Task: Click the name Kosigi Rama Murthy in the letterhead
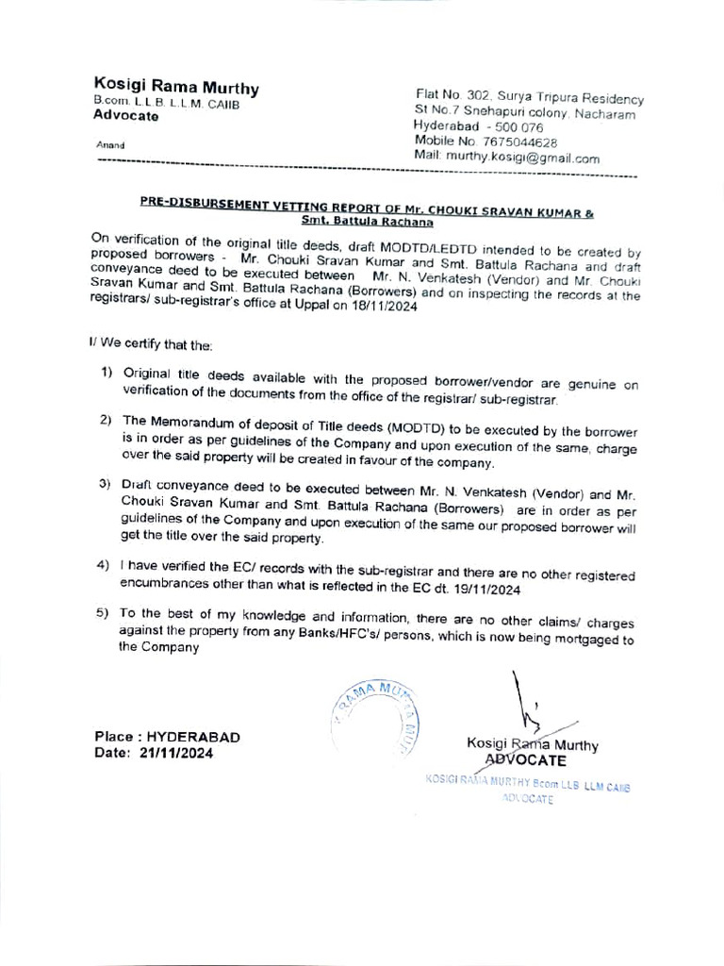pos(175,87)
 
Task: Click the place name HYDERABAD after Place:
pos(193,736)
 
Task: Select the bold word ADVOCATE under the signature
pos(525,759)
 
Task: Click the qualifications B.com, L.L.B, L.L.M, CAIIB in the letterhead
pos(166,103)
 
